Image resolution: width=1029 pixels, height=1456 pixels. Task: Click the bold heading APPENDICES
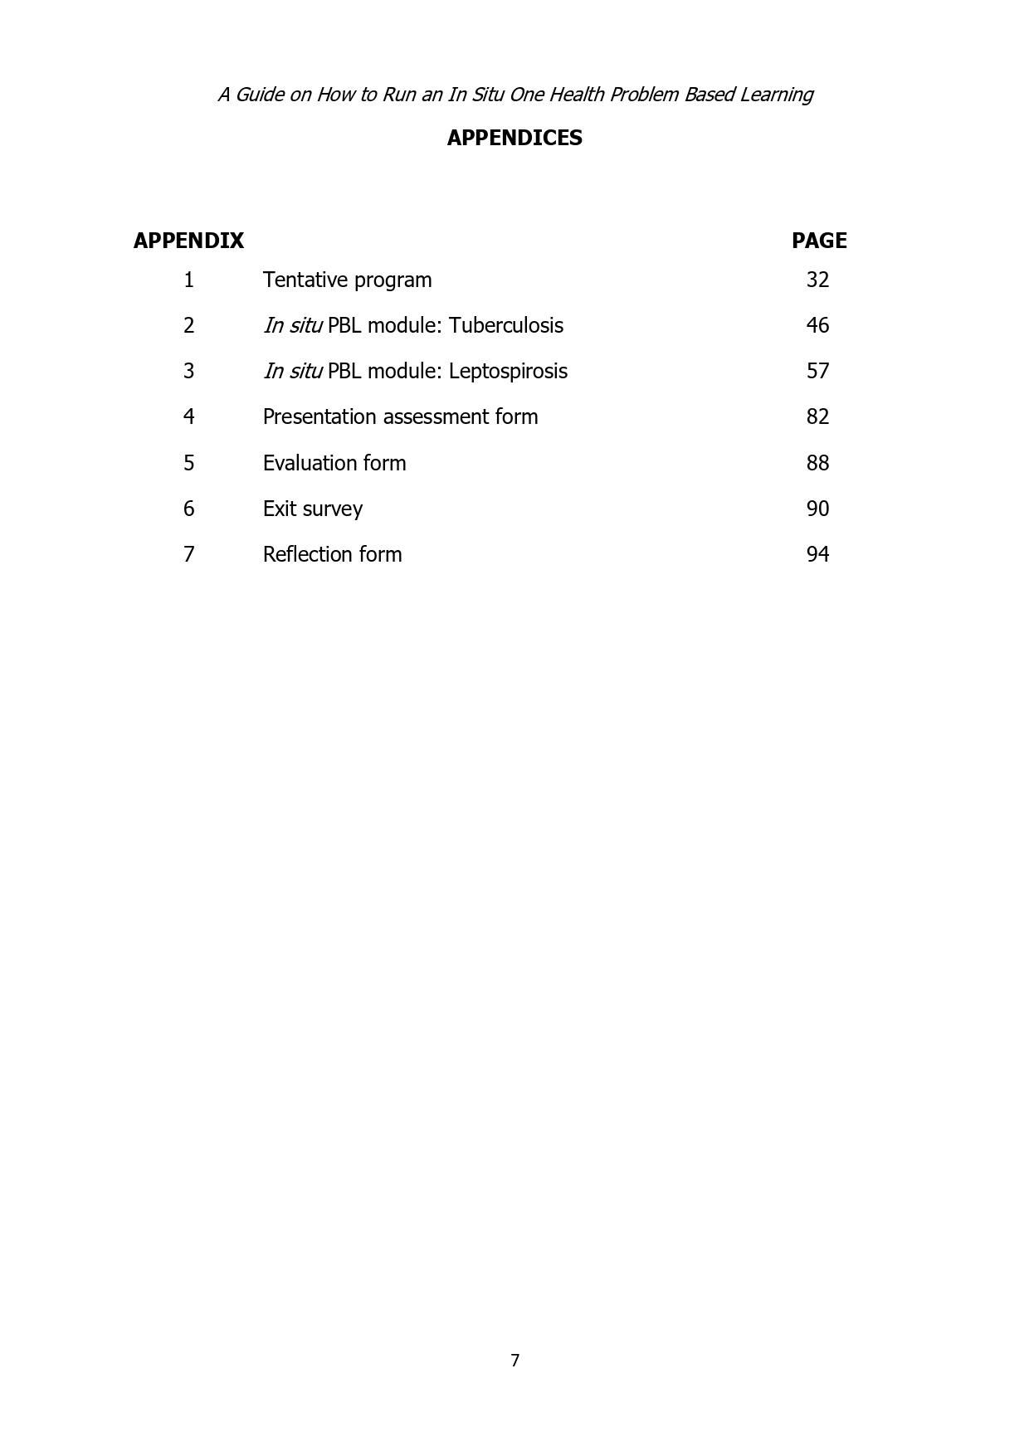pyautogui.click(x=514, y=138)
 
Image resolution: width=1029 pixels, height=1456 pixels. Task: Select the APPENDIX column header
pyautogui.click(x=188, y=241)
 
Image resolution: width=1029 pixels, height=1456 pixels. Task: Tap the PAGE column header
pyautogui.click(x=819, y=241)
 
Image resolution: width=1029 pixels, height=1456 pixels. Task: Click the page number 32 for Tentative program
pyautogui.click(x=817, y=280)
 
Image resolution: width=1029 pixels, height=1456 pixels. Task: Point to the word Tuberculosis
pyautogui.click(x=505, y=325)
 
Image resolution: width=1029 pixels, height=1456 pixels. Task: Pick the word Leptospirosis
pyautogui.click(x=508, y=371)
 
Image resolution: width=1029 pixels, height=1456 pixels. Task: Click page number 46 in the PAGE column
pyautogui.click(x=817, y=325)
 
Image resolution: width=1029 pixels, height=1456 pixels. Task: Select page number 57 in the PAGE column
pyautogui.click(x=817, y=371)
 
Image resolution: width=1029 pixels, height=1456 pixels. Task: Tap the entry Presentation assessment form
pyautogui.click(x=400, y=416)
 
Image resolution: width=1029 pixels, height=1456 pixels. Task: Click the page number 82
pyautogui.click(x=817, y=416)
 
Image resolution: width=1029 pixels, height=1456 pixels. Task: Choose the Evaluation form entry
pyautogui.click(x=334, y=463)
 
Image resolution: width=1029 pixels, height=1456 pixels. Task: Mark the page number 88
pyautogui.click(x=817, y=463)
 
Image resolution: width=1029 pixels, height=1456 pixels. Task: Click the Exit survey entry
pyautogui.click(x=312, y=509)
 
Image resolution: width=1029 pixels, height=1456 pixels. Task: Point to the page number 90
pyautogui.click(x=817, y=509)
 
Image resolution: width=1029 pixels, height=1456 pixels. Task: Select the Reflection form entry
pyautogui.click(x=332, y=554)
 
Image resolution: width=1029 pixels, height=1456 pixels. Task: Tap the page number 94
pyautogui.click(x=817, y=554)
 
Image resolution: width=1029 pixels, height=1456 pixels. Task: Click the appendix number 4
pyautogui.click(x=188, y=416)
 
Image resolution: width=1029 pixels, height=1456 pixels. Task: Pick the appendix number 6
pyautogui.click(x=188, y=509)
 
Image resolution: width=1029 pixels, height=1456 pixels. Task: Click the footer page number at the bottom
pyautogui.click(x=514, y=1361)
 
